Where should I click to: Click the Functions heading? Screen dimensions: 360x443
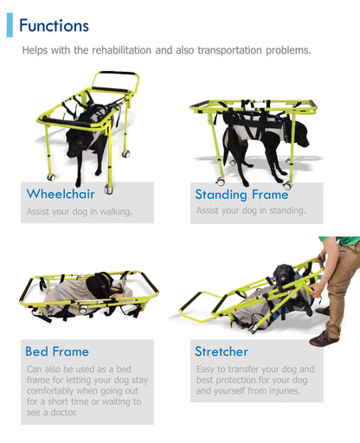54,25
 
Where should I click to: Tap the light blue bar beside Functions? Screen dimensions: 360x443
10,25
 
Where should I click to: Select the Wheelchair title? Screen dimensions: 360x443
61,194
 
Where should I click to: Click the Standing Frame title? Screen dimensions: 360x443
241,195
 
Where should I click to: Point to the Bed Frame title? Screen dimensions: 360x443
57,351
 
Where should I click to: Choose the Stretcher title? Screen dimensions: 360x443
222,351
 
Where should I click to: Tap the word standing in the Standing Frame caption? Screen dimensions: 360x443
287,210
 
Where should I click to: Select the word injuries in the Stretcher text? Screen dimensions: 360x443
285,391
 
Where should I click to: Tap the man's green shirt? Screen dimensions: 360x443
344,241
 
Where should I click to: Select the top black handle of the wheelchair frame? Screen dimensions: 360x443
117,73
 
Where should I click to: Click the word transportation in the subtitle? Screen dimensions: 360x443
230,50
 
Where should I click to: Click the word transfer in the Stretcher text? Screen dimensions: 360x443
243,369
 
